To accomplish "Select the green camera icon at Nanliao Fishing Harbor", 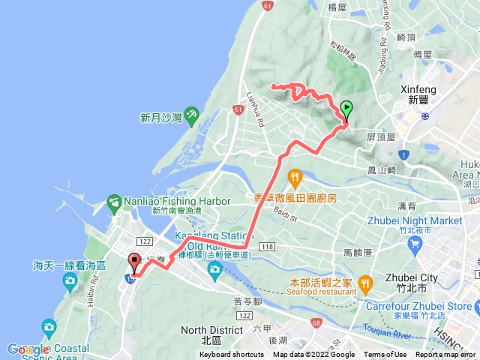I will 114,201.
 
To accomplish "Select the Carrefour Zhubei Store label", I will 420,306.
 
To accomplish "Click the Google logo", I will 28,349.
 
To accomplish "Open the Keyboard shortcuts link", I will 232,355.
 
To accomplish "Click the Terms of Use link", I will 385,355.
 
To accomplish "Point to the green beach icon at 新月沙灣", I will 190,115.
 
